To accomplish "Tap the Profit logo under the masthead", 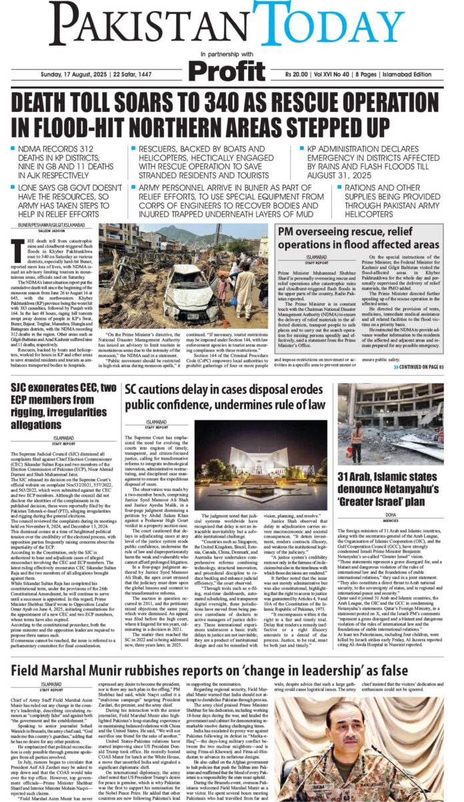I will click(x=230, y=69).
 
